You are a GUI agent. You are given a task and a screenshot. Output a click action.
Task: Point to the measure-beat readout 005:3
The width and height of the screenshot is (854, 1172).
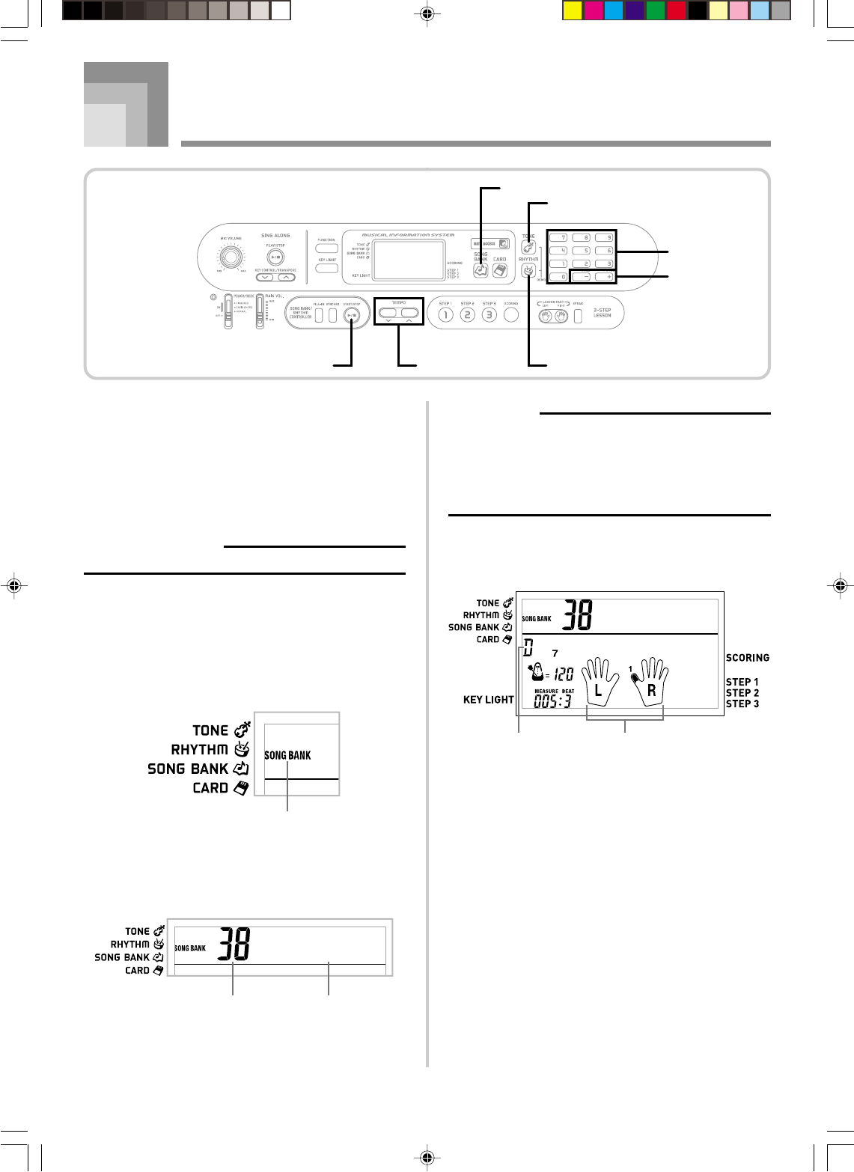pyautogui.click(x=552, y=701)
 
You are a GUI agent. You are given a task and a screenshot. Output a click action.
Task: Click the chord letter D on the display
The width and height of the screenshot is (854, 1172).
pyautogui.click(x=528, y=649)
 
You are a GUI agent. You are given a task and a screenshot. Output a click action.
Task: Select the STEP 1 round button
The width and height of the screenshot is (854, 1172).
pyautogui.click(x=445, y=315)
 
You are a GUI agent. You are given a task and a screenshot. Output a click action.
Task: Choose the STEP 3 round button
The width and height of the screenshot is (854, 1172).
pyautogui.click(x=489, y=315)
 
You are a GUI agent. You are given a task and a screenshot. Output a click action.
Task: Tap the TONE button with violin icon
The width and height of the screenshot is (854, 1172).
pyautogui.click(x=528, y=248)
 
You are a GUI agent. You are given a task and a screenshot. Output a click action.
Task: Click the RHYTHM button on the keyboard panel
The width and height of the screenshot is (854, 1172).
pyautogui.click(x=528, y=271)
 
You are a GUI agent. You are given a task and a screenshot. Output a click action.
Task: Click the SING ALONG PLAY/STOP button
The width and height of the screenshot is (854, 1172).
pyautogui.click(x=275, y=257)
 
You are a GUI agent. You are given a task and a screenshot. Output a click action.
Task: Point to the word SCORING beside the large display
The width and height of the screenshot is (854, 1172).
pyautogui.click(x=747, y=658)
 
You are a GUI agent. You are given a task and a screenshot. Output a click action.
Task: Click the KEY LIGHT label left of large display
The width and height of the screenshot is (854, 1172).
pyautogui.click(x=488, y=700)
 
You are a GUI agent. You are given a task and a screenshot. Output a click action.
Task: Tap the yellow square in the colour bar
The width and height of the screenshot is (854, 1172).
pyautogui.click(x=571, y=10)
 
